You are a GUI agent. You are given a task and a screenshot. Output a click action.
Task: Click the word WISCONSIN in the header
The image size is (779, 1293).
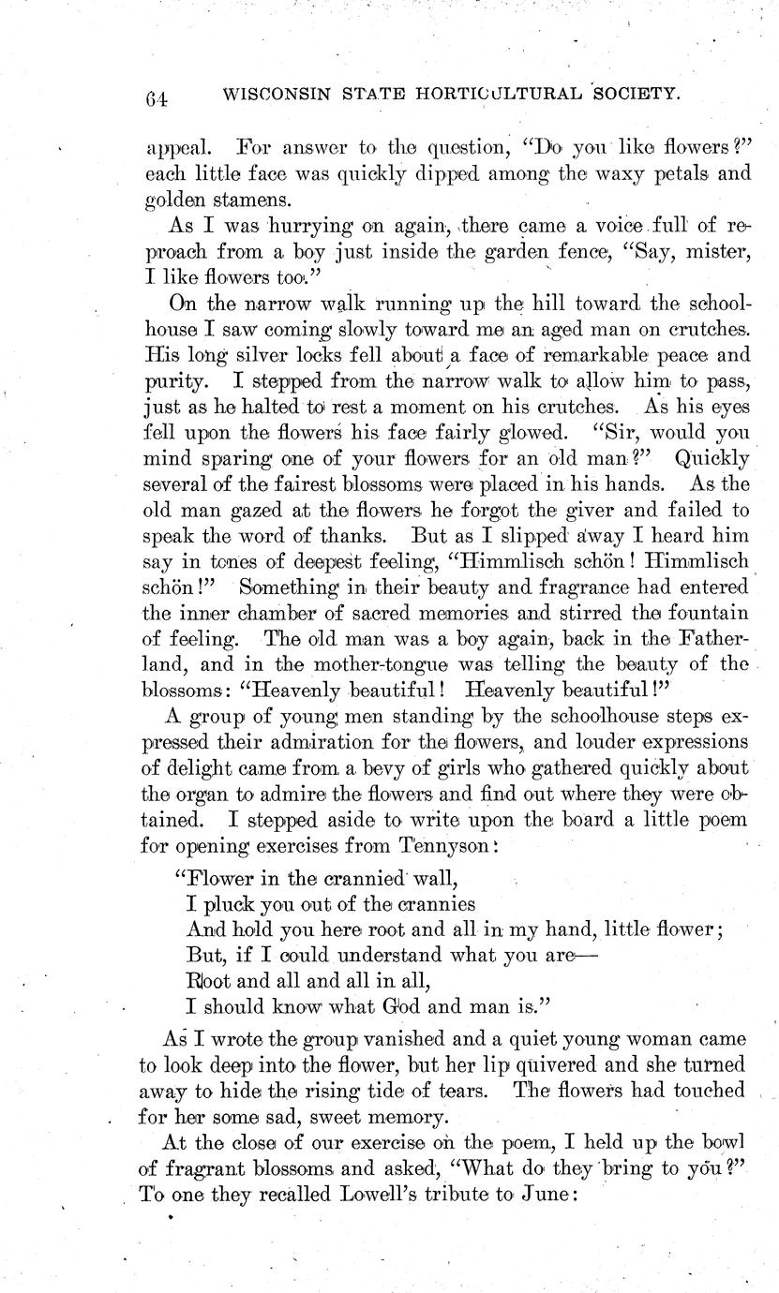tap(272, 95)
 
